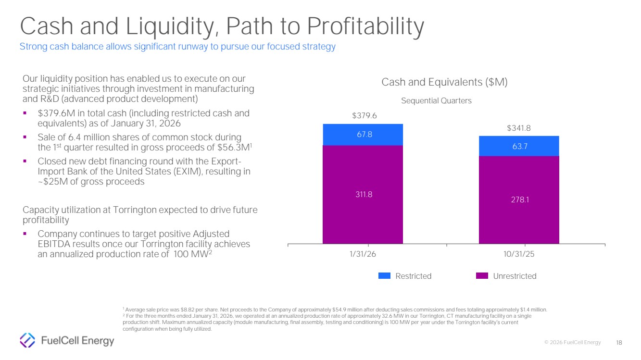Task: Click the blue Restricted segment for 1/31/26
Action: pos(363,135)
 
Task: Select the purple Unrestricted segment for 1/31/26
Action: pos(363,195)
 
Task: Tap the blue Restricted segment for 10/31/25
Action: pos(519,146)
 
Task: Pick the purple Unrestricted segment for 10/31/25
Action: pos(519,200)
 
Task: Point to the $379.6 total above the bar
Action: pos(364,116)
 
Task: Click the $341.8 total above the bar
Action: pos(519,128)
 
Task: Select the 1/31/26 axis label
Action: pos(364,254)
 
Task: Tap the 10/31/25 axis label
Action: pos(519,254)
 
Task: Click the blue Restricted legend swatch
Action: pos(385,276)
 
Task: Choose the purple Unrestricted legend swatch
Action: pos(482,276)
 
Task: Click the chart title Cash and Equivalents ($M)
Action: pos(444,82)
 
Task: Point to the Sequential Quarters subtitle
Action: pos(437,101)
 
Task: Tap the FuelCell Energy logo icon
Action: pos(27,341)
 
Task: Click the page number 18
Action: pos(619,342)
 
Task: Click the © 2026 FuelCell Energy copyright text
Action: pos(572,342)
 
